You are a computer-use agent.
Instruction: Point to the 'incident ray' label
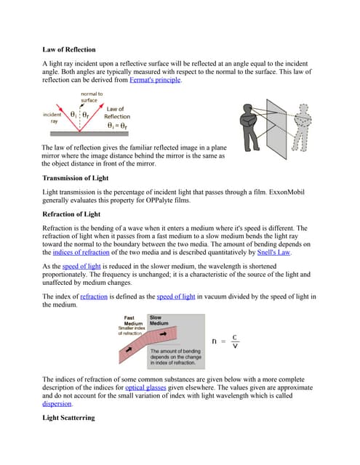point(52,118)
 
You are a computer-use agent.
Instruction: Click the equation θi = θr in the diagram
point(117,126)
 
